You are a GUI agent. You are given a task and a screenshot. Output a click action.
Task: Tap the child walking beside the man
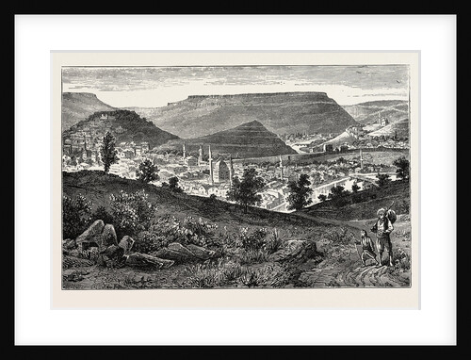coord(365,248)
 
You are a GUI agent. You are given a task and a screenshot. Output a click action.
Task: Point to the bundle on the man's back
coord(391,219)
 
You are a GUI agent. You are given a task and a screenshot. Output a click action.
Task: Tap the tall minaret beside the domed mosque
coord(209,160)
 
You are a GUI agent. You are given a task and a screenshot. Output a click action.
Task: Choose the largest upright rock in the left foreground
coord(91,233)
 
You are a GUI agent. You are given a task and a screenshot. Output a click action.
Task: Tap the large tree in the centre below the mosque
coord(247,188)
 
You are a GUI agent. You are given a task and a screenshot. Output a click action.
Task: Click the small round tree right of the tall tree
coord(147,171)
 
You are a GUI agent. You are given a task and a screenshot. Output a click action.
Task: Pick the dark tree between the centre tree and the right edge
coord(300,191)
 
